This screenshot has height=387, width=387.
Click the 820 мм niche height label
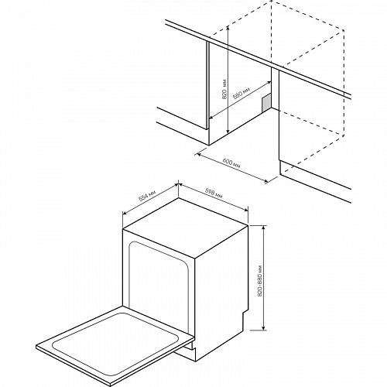click(x=224, y=89)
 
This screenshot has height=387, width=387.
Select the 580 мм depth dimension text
click(x=241, y=94)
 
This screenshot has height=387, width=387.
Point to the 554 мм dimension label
click(x=147, y=196)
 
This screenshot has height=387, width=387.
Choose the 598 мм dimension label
click(x=214, y=193)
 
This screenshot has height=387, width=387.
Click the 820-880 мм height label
click(x=259, y=280)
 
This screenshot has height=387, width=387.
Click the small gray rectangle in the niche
click(x=266, y=103)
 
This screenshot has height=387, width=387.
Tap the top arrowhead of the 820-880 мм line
click(x=263, y=228)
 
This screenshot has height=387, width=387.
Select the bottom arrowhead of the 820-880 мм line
click(x=263, y=327)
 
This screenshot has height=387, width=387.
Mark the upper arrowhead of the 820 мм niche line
click(x=228, y=28)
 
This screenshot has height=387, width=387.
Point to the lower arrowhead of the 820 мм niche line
click(x=228, y=132)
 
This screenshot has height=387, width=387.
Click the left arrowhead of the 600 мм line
click(x=199, y=154)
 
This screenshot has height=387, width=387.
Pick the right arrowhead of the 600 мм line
click(x=265, y=182)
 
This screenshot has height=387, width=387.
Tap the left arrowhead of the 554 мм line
click(x=125, y=213)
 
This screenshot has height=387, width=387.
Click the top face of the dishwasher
click(x=185, y=227)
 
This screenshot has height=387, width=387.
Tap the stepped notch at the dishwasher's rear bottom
click(x=245, y=316)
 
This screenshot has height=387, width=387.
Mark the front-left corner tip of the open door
click(x=36, y=347)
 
